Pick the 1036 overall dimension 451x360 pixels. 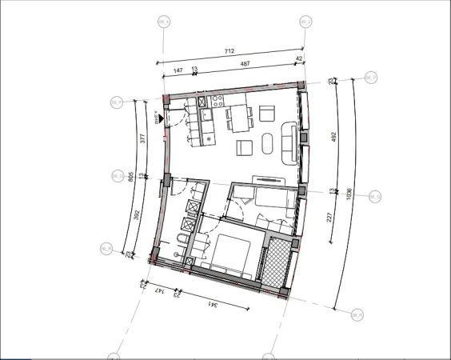pos(349,194)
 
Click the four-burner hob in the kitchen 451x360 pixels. pos(215,102)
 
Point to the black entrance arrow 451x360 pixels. pos(161,118)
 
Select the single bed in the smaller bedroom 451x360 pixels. pos(269,202)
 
